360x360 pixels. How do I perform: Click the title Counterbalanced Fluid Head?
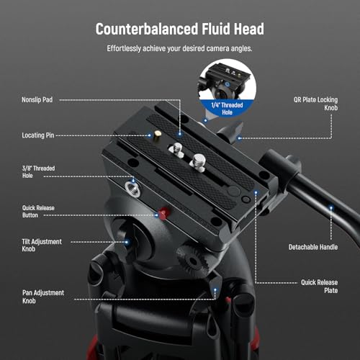180,29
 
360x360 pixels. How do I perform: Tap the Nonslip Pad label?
37,99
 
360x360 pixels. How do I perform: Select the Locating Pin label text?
38,135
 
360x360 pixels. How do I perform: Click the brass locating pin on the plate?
158,134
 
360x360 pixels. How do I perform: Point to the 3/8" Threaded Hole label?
38,172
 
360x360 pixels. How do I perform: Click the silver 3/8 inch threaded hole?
132,189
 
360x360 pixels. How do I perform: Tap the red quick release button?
164,213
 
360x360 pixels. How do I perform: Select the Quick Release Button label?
38,212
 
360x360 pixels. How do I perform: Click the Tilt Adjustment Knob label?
42,245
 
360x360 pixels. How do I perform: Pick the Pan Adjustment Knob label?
43,297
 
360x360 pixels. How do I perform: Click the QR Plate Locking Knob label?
315,104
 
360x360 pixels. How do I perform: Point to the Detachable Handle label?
313,247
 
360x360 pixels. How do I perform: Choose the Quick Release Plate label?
320,287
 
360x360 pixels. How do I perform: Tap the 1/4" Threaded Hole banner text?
227,109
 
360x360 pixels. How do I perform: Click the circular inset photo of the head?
228,88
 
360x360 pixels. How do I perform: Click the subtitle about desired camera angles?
179,48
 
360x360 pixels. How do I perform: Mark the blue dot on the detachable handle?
331,208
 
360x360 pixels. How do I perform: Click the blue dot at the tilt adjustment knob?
127,242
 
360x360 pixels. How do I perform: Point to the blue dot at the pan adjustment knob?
215,290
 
